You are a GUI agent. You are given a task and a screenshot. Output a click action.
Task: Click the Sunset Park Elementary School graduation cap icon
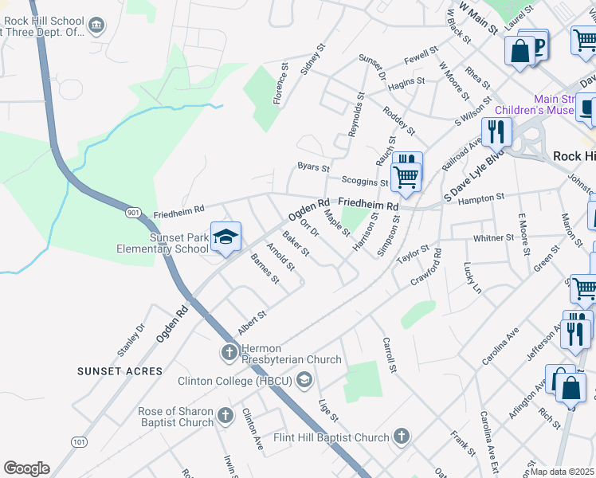coord(226,237)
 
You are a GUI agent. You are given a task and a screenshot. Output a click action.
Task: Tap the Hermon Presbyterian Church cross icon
coord(229,351)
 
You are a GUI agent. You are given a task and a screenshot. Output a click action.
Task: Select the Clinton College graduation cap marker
coord(303,381)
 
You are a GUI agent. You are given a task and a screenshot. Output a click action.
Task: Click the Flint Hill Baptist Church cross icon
coord(401,436)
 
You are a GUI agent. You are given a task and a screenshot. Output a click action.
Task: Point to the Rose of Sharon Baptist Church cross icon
coord(225,416)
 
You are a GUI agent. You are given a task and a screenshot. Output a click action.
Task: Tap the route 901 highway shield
coord(134,213)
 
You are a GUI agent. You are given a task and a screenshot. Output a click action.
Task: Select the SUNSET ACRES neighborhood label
coord(120,371)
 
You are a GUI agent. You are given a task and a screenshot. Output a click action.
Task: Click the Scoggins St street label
coord(366,182)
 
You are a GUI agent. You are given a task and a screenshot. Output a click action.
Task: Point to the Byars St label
coord(313,167)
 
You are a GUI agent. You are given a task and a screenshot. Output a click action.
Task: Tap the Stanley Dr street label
coord(131,339)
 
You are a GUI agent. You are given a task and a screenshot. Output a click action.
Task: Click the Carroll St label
coord(389,355)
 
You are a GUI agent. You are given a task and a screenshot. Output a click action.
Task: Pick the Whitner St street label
coord(494,238)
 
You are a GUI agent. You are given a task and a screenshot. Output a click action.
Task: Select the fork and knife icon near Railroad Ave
coord(496,131)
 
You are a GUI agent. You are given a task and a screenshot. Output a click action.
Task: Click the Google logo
coord(26,468)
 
